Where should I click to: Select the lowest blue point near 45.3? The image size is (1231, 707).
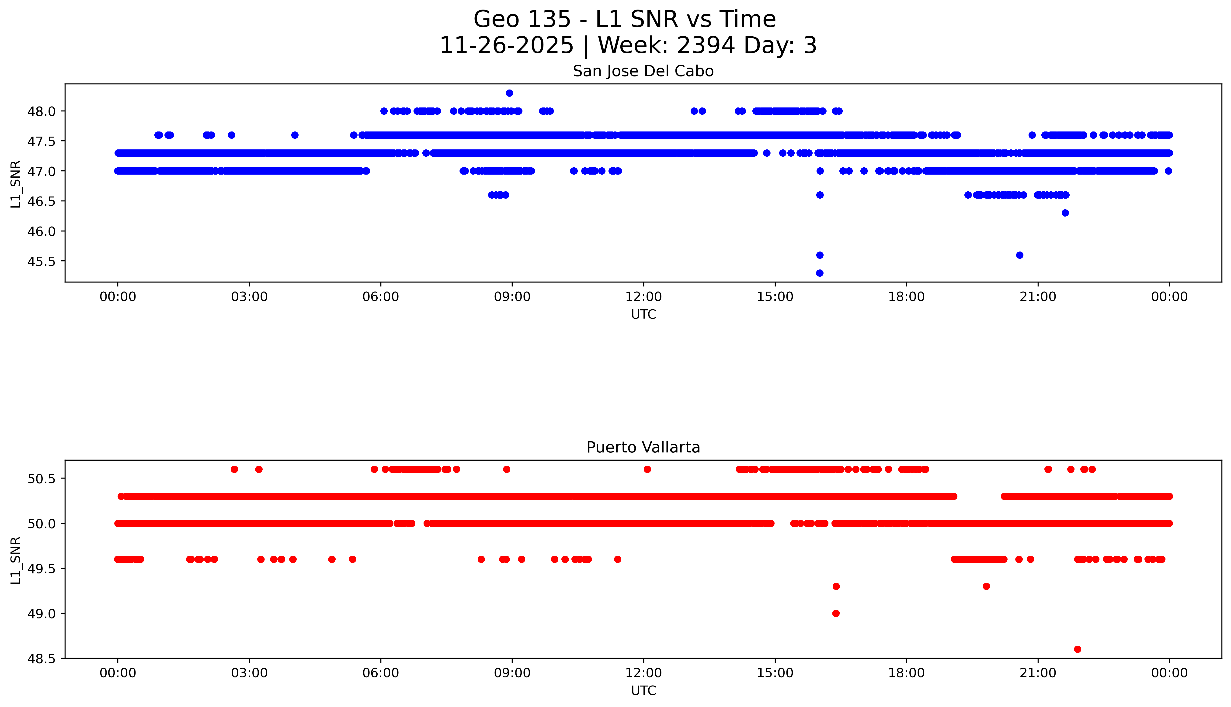(820, 273)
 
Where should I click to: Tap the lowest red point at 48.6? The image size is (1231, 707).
(1078, 649)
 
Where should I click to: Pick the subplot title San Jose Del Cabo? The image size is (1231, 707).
(643, 71)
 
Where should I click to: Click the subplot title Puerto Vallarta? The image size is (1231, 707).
(643, 447)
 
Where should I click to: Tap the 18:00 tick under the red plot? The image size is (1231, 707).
(907, 673)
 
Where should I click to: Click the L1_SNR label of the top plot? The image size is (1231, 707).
(16, 183)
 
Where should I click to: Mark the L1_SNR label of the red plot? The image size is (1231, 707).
(16, 560)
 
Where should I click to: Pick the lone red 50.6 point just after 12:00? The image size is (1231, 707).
(647, 469)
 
